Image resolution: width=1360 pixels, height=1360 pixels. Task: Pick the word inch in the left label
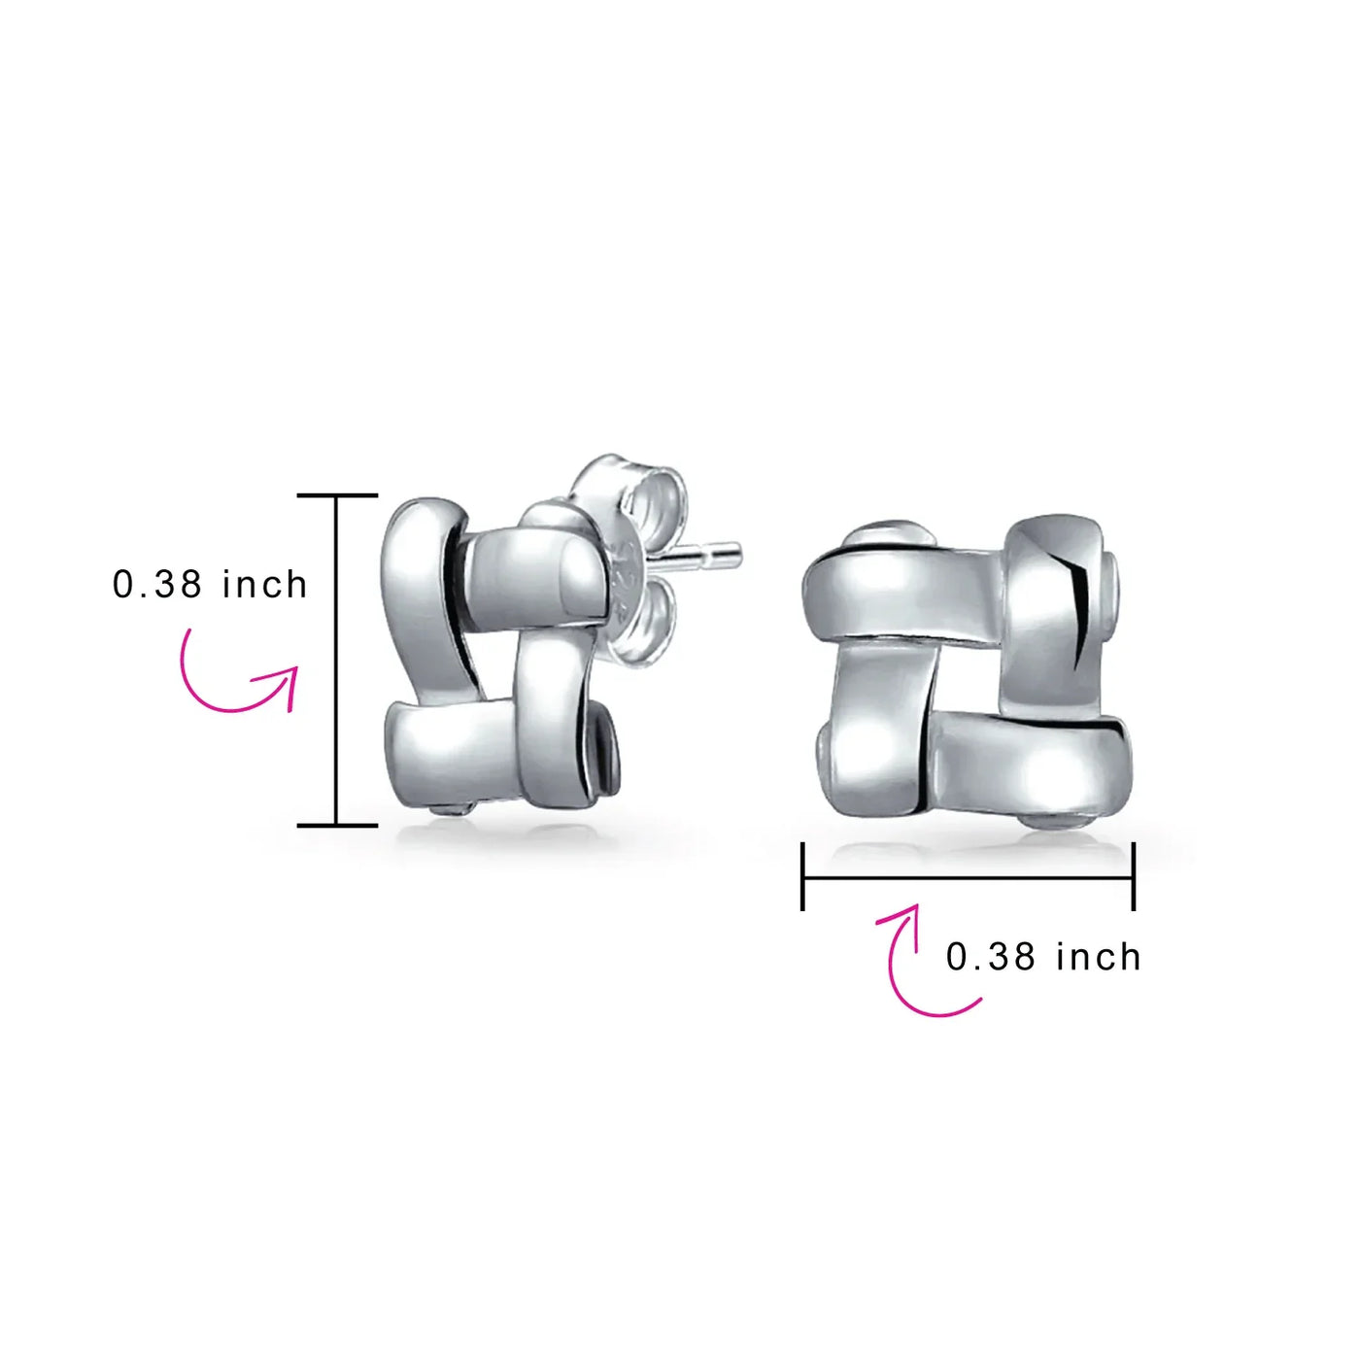pyautogui.click(x=264, y=585)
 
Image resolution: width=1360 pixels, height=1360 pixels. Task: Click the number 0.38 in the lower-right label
pyautogui.click(x=991, y=958)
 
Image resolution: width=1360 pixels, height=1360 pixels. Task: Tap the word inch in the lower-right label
pyautogui.click(x=1098, y=957)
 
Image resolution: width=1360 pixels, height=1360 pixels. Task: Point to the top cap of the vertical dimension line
pyautogui.click(x=337, y=495)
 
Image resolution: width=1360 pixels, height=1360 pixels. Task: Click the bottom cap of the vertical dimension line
pyautogui.click(x=337, y=825)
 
